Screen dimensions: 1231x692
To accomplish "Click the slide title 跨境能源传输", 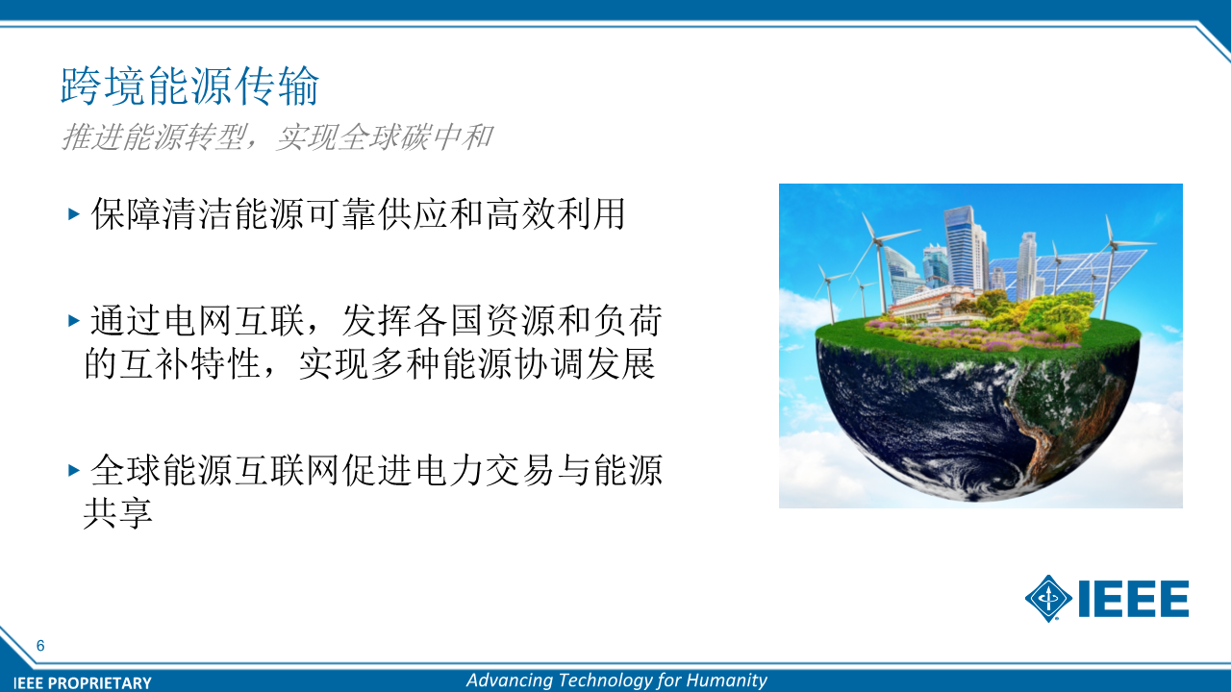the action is [189, 86].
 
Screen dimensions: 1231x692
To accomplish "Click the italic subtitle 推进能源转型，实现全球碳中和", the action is [276, 136].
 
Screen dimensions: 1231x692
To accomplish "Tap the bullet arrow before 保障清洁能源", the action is [74, 213].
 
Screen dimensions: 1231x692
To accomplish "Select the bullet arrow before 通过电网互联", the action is [74, 320].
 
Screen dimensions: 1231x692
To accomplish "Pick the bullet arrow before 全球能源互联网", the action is [74, 470].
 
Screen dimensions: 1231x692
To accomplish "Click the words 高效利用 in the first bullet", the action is [555, 213].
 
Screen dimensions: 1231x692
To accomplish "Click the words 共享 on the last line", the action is [117, 513].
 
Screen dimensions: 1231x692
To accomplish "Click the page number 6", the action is [40, 645].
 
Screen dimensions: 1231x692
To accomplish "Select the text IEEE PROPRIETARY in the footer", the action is [83, 682].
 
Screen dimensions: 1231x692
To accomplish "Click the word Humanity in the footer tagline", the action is [726, 680].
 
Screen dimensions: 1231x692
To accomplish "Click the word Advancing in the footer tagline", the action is [510, 680].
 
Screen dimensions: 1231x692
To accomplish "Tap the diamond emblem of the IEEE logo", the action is [1048, 598].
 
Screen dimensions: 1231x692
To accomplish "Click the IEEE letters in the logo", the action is [1133, 598].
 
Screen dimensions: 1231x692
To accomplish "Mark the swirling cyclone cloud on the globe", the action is [984, 472].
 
